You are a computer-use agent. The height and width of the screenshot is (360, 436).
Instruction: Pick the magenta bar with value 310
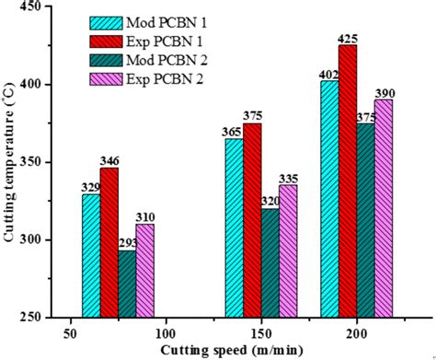[x=144, y=276]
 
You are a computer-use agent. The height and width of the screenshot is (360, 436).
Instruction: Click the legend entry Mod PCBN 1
[x=166, y=21]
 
